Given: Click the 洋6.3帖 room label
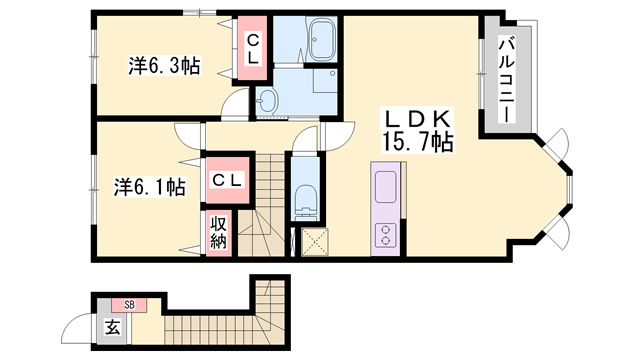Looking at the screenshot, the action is [164, 66].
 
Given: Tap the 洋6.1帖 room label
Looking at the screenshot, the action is [149, 187].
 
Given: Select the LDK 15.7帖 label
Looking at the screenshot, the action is [417, 130].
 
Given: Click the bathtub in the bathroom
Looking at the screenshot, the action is [323, 40].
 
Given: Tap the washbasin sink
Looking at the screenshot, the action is [267, 100].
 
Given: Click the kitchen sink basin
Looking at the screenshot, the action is [385, 187].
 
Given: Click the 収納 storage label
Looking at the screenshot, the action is [218, 233].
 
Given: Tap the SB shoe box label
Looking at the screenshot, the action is [129, 304].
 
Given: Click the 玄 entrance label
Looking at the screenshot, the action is [113, 327].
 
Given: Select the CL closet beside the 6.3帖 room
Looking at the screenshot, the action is [253, 48].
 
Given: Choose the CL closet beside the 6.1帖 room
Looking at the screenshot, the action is [227, 180].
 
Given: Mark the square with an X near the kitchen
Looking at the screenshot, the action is [315, 242].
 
